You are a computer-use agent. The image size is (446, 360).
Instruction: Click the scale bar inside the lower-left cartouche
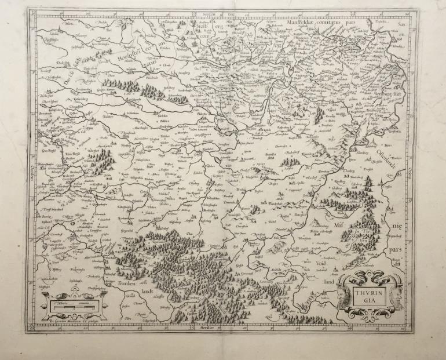(x=72, y=302)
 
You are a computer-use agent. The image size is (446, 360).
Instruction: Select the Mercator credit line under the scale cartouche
(x=74, y=319)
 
